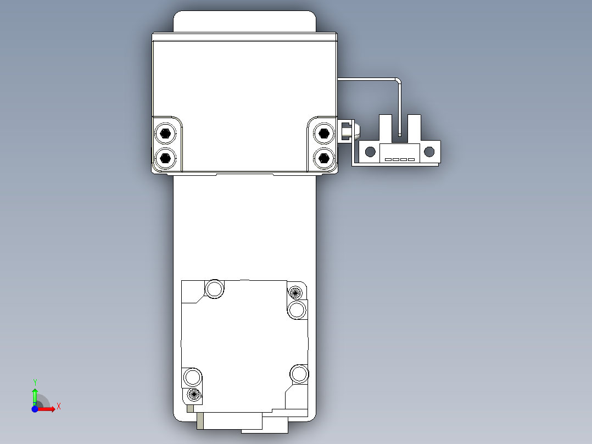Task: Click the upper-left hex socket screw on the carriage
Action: click(x=166, y=133)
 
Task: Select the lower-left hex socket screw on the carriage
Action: click(x=166, y=158)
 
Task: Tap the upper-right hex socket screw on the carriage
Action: click(x=324, y=133)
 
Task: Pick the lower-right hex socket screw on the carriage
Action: click(x=324, y=158)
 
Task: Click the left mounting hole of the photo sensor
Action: click(x=371, y=151)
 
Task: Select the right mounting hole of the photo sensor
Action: click(x=429, y=151)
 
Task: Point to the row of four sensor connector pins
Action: click(x=399, y=160)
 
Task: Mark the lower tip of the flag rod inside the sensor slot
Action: click(x=400, y=134)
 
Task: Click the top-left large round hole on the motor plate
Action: click(x=214, y=288)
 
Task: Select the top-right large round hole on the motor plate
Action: click(x=297, y=310)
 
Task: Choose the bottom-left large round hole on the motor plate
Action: click(x=192, y=378)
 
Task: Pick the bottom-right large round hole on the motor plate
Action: click(x=299, y=374)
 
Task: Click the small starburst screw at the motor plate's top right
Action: click(x=295, y=292)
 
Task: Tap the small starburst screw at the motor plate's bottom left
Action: click(x=193, y=393)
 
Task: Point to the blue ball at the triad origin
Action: click(x=35, y=409)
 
